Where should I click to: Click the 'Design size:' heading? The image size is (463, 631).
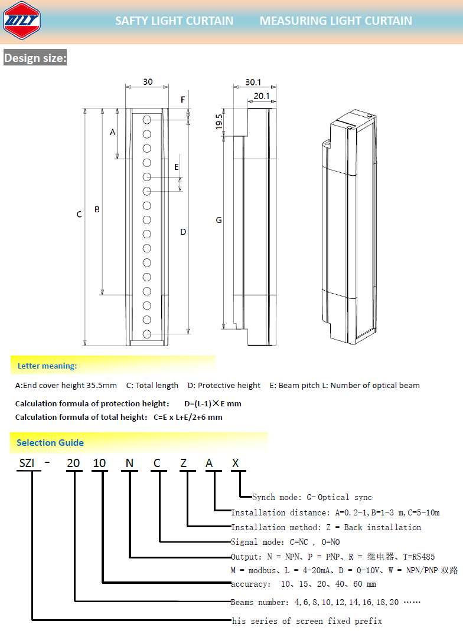click(35, 58)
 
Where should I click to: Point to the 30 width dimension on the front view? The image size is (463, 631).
click(147, 82)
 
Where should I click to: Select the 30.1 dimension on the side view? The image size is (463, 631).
click(253, 83)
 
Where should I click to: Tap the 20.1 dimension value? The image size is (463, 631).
click(261, 96)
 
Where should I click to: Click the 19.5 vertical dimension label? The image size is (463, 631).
click(219, 121)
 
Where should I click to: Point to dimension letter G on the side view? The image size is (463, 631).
click(219, 220)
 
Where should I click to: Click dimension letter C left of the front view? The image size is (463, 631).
click(79, 215)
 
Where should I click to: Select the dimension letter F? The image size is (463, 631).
click(183, 100)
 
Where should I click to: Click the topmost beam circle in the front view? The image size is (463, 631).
click(147, 120)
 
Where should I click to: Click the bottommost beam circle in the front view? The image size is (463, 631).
click(147, 334)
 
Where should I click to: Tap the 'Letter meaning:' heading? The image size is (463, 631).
click(47, 366)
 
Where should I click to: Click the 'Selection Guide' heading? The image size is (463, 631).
click(50, 442)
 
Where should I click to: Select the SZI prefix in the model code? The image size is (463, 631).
click(27, 463)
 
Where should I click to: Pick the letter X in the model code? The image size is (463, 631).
click(235, 463)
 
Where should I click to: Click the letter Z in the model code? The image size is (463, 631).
click(183, 463)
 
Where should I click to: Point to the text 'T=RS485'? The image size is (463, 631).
click(419, 556)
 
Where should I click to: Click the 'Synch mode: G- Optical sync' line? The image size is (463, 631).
click(312, 497)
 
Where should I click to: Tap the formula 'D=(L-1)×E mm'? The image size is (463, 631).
click(213, 403)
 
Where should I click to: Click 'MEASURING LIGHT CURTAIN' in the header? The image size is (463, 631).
click(336, 21)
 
